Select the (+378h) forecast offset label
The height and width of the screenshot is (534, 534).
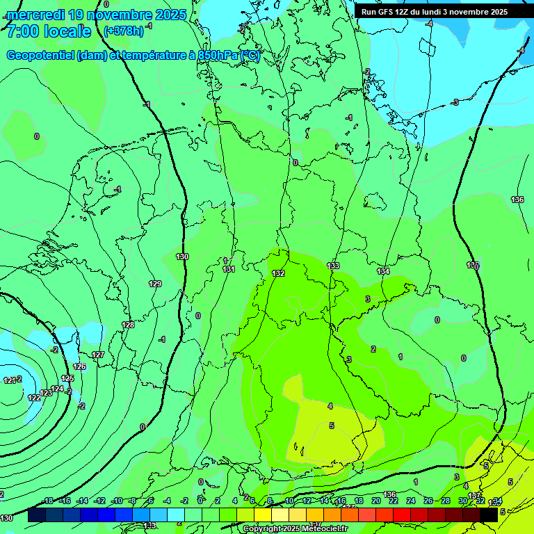tap(124, 31)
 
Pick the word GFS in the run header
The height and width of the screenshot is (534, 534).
tap(385, 12)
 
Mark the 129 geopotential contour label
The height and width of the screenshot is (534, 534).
tap(155, 284)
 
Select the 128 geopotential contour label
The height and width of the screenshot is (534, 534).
tap(128, 325)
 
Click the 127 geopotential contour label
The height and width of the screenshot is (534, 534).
tap(98, 355)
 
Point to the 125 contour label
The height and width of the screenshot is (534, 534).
tap(67, 378)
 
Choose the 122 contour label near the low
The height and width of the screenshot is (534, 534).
tap(34, 398)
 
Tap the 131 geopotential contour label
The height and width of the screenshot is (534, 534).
tap(229, 269)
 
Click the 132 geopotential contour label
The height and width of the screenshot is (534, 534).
tap(278, 273)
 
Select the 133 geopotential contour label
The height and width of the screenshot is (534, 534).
tap(333, 266)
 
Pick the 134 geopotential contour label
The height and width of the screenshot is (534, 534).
tap(383, 271)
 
